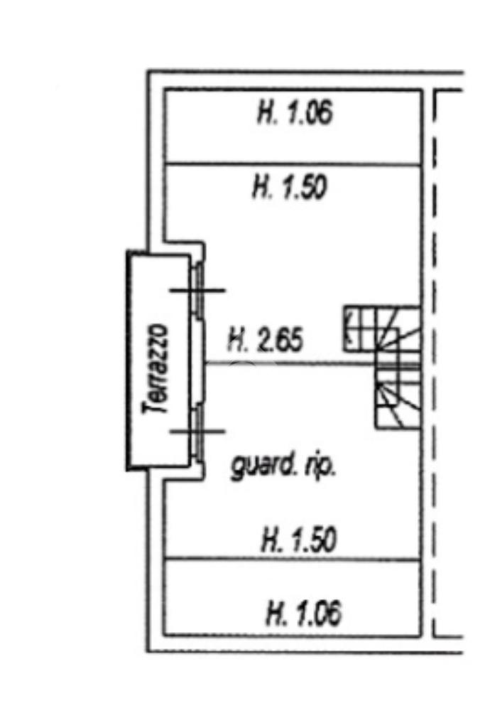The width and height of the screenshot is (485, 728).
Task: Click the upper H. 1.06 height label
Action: tap(294, 114)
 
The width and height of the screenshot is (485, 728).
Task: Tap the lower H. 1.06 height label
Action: tap(304, 613)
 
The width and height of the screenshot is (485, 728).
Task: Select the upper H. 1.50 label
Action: tap(289, 188)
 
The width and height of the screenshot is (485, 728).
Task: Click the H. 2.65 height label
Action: tap(265, 341)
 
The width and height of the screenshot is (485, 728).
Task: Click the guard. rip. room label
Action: tap(283, 468)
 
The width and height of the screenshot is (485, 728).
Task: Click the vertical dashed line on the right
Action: tap(433, 363)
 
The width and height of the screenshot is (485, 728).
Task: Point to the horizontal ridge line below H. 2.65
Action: tap(291, 363)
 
